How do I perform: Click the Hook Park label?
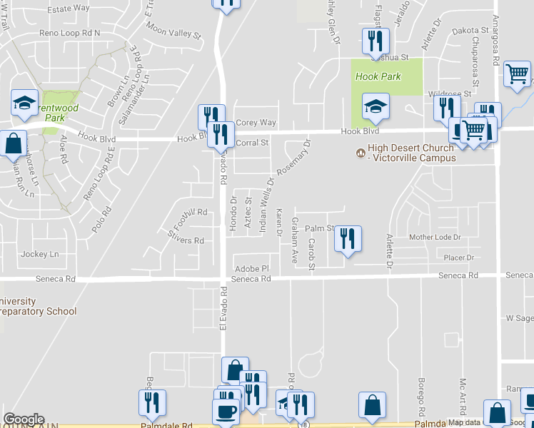pyautogui.click(x=378, y=76)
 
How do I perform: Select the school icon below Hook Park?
pyautogui.click(x=376, y=107)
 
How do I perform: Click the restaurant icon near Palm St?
pyautogui.click(x=348, y=239)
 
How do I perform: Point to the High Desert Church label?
pyautogui.click(x=410, y=153)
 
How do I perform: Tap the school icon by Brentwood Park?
pyautogui.click(x=25, y=103)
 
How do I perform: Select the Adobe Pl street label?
pyautogui.click(x=251, y=269)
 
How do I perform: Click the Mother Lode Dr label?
pyautogui.click(x=435, y=237)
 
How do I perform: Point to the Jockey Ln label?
pyautogui.click(x=40, y=254)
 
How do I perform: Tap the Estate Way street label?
pyautogui.click(x=69, y=9)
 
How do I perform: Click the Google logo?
pyautogui.click(x=24, y=419)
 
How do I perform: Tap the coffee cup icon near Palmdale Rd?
pyautogui.click(x=226, y=411)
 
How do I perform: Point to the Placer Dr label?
pyautogui.click(x=459, y=258)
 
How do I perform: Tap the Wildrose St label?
pyautogui.click(x=449, y=93)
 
